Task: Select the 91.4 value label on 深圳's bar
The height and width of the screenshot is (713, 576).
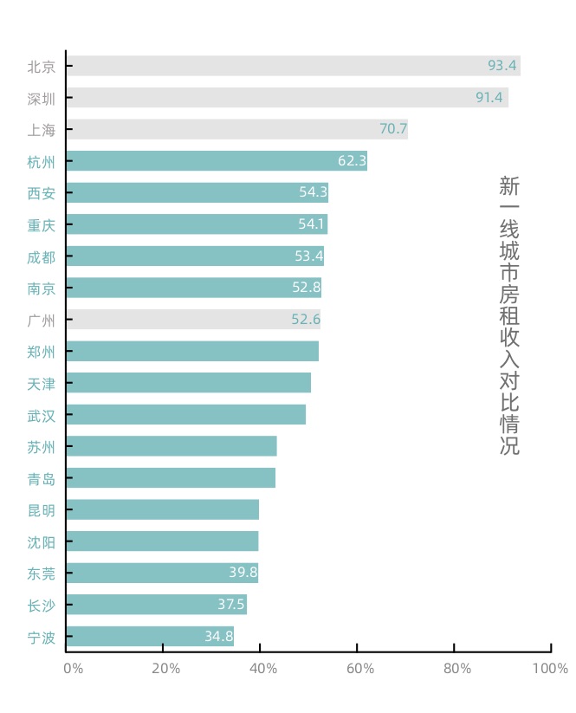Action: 489,98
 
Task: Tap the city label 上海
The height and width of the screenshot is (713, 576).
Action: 41,130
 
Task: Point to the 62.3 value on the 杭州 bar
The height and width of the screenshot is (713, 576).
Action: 352,161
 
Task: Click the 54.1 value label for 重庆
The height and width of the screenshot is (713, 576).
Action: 312,224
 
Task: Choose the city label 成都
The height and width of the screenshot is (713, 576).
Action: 41,256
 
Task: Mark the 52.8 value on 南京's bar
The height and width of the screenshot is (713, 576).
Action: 307,288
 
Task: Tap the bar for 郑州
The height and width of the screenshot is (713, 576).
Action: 191,351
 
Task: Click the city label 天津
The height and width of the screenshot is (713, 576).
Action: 41,383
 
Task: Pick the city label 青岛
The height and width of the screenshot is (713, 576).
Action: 41,478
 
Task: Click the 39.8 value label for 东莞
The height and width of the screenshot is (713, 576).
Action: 243,573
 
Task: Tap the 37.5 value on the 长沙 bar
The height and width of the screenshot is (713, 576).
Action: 231,605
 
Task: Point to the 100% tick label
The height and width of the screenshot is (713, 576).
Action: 550,669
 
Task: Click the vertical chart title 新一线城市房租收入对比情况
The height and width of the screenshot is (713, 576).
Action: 509,315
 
